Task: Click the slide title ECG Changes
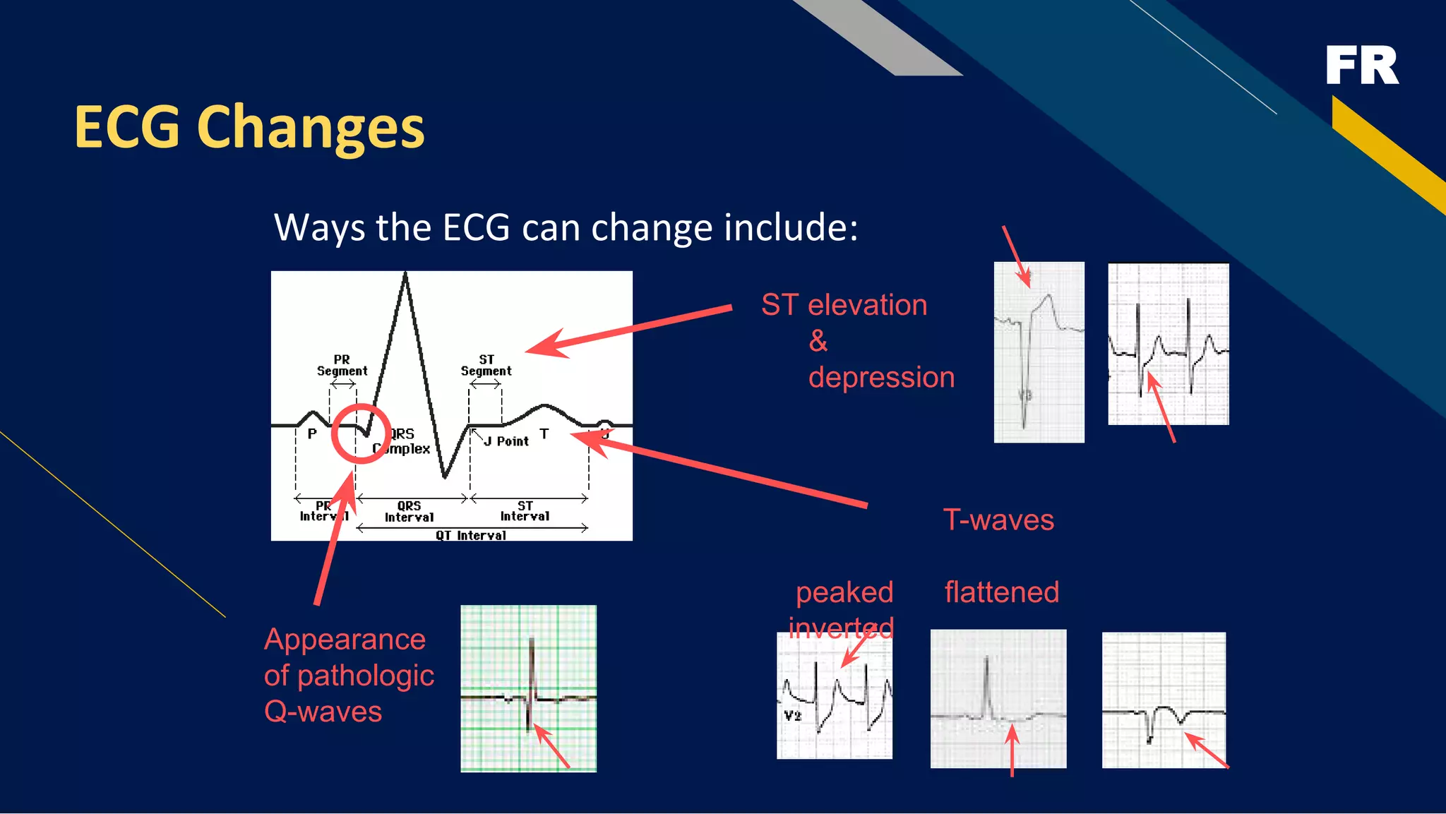click(249, 127)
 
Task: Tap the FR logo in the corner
click(1361, 66)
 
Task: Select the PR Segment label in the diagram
click(342, 366)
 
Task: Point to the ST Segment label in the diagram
click(486, 366)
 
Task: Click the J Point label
click(506, 441)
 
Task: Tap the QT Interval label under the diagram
click(471, 535)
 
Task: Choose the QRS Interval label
click(409, 512)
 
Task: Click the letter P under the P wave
click(312, 433)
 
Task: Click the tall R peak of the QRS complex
click(405, 277)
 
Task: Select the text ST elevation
click(844, 305)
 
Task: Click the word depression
click(881, 377)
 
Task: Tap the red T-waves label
click(998, 520)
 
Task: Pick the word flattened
click(1001, 592)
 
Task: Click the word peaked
click(844, 592)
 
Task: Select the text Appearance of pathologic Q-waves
click(348, 676)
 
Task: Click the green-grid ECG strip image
click(528, 688)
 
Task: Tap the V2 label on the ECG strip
click(793, 716)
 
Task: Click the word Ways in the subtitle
click(318, 228)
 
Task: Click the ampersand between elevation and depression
click(818, 341)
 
